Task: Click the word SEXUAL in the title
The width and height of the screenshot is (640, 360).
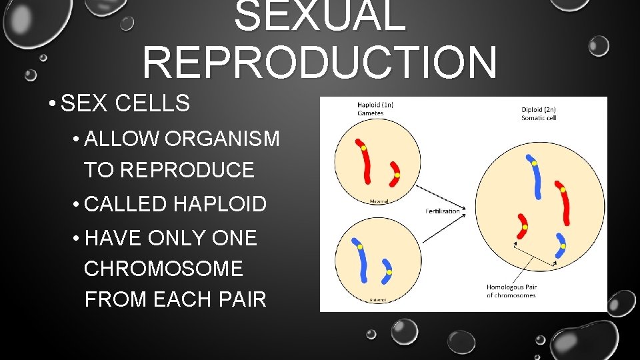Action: click(320, 16)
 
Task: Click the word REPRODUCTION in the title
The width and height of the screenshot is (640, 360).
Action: click(319, 61)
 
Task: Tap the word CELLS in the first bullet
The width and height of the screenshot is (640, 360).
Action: click(152, 104)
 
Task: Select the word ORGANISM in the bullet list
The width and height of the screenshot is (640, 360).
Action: click(223, 139)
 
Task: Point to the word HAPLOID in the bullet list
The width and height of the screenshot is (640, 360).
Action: click(220, 205)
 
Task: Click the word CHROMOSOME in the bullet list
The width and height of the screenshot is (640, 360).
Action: click(163, 269)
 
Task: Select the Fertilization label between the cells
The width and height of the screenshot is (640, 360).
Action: click(443, 211)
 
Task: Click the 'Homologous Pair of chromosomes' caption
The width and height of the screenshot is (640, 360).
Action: click(511, 291)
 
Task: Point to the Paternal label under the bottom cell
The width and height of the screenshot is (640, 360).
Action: click(377, 300)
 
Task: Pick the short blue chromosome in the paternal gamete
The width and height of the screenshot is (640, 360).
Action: click(387, 270)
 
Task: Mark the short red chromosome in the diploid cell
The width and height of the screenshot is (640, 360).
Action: click(522, 227)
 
